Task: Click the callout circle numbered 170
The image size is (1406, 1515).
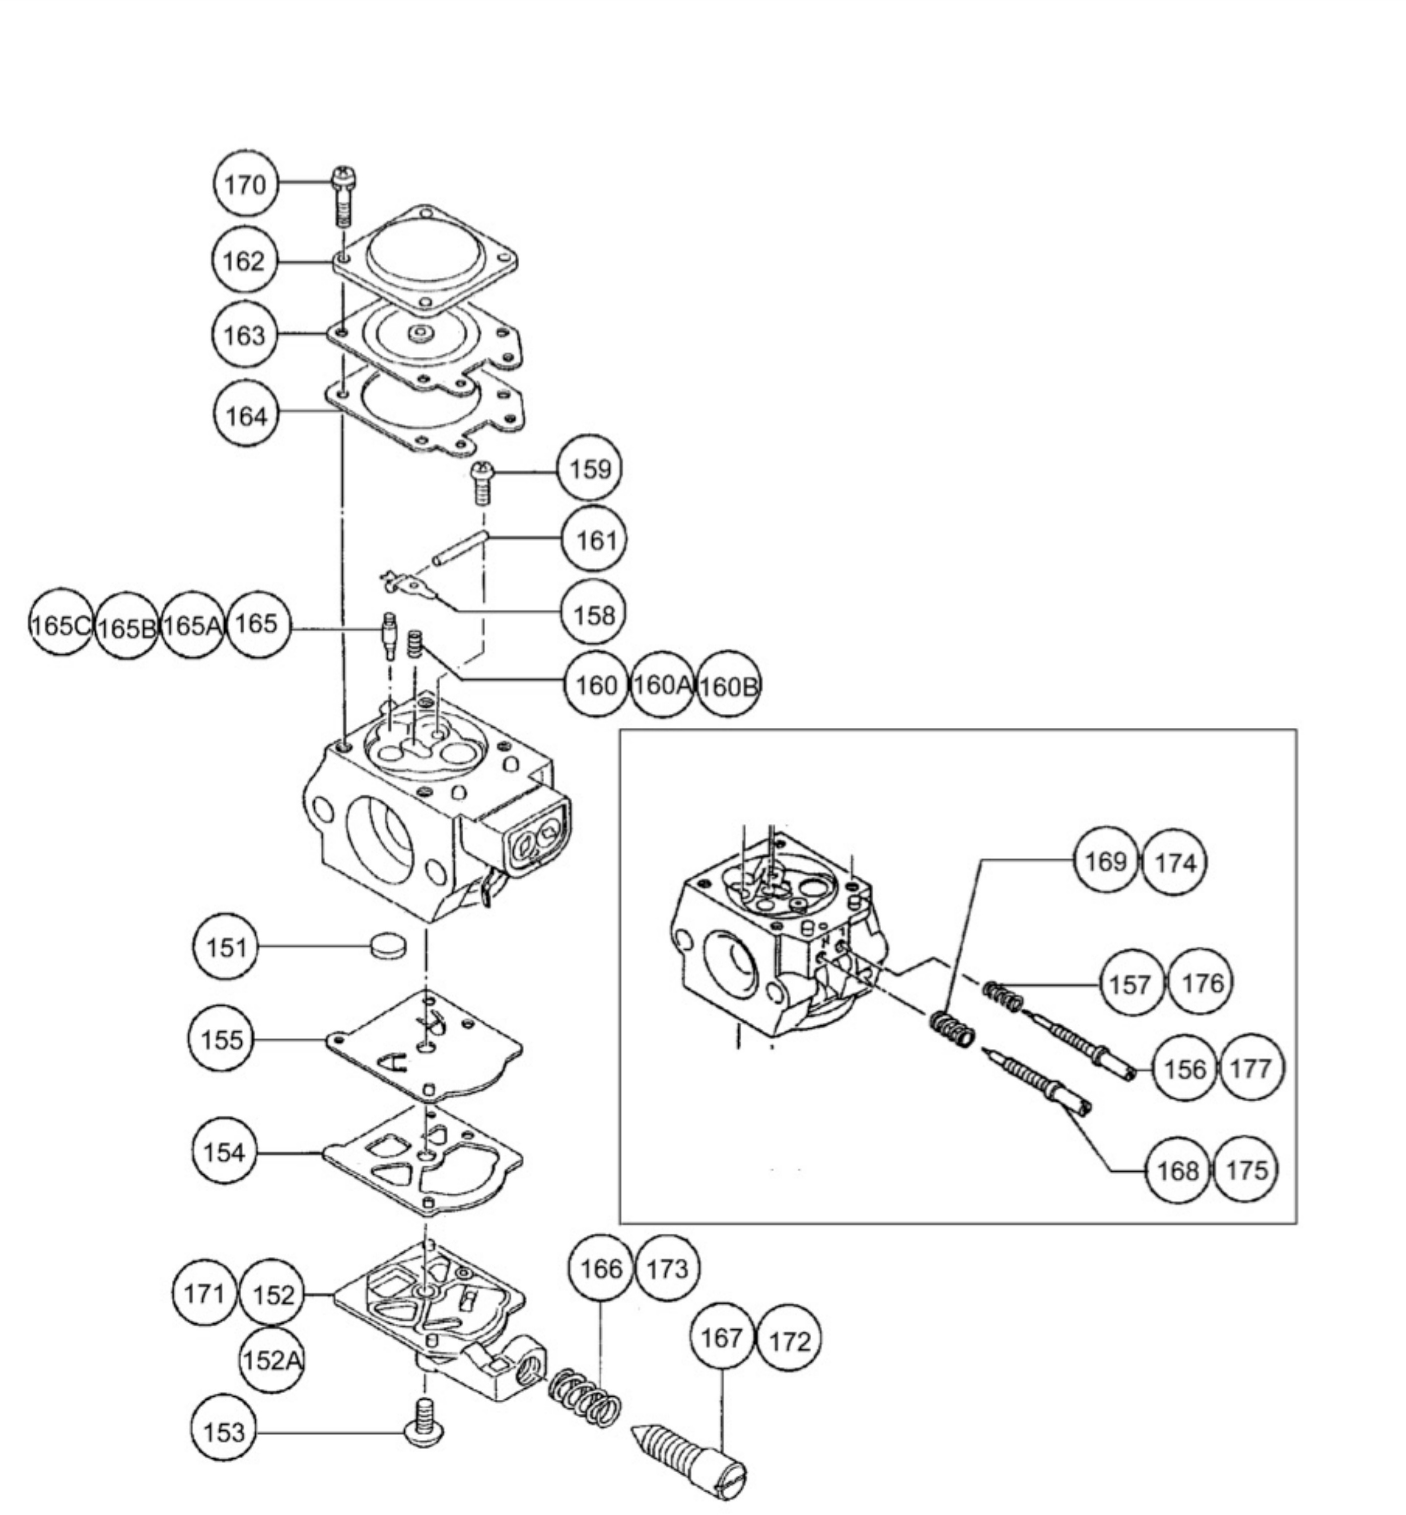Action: point(245,184)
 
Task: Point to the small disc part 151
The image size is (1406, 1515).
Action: point(388,946)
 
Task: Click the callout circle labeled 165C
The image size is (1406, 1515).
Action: point(59,625)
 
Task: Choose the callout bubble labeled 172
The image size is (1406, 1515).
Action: point(789,1341)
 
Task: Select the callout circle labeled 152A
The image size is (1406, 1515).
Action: point(271,1360)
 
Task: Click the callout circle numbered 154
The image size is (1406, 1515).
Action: point(224,1152)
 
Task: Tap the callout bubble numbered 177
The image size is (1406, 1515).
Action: point(1250,1069)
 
